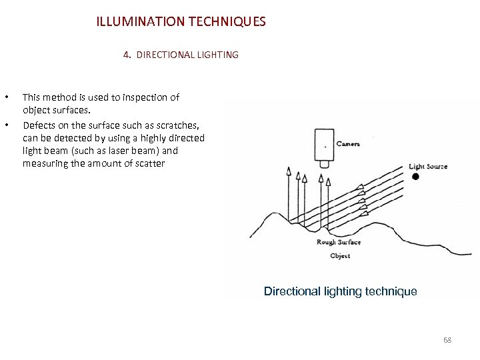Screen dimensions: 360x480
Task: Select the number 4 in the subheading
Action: pos(126,55)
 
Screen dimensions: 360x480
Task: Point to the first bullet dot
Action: pos(7,97)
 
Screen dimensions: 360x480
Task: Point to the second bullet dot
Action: pos(7,125)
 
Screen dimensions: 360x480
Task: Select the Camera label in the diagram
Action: pos(348,143)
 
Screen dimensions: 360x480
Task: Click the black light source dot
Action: pos(415,177)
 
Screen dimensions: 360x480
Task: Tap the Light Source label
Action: pos(427,166)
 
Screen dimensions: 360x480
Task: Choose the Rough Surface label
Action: pos(339,243)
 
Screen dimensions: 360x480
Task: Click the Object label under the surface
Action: pos(340,256)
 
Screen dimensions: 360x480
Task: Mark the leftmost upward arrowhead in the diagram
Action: pos(289,171)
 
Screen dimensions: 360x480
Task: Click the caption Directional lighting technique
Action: pos(340,291)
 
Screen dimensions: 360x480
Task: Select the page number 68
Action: pos(447,341)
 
